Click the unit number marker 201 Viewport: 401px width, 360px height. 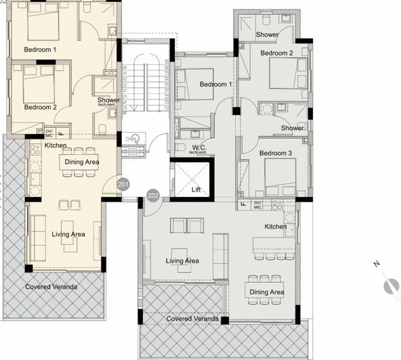123,183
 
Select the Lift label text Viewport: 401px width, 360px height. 196,189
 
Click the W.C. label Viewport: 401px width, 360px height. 199,147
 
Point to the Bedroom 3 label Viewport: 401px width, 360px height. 276,154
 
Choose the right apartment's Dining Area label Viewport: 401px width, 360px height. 266,292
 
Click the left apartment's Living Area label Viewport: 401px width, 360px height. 68,234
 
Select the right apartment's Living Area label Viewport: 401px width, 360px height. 182,261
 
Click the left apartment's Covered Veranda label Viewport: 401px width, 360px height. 51,287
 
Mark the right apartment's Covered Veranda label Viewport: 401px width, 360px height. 192,318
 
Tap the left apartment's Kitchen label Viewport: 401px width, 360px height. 55,145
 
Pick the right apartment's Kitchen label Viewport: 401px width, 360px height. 275,226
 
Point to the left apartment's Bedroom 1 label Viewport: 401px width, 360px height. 40,49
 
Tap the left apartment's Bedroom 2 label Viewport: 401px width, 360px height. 40,107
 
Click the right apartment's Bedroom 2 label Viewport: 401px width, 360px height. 276,53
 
